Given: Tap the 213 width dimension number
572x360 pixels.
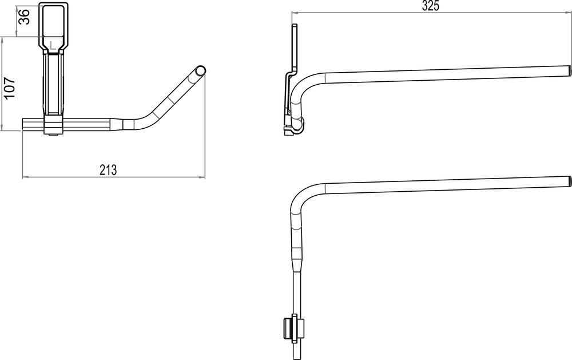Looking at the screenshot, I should tap(108, 169).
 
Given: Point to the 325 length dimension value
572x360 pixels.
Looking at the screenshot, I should tap(430, 7).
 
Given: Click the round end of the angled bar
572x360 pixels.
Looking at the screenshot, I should tap(200, 70).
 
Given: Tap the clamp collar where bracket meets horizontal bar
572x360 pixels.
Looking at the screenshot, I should tap(53, 125).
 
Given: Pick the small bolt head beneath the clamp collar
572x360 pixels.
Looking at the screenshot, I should tap(53, 135).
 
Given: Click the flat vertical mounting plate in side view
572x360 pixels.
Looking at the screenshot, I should tap(295, 49).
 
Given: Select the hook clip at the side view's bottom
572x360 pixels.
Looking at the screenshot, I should tap(296, 126).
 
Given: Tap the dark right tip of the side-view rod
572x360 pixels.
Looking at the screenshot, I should tap(569, 69).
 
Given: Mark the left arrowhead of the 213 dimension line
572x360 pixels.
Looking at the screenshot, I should tap(24, 176).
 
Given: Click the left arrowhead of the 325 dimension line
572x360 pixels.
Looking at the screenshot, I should tap(293, 13).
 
